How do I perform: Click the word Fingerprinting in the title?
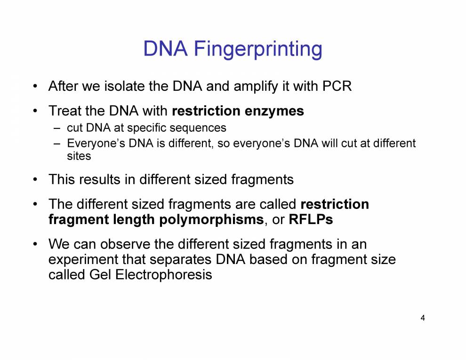coord(258,49)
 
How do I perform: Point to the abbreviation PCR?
coord(337,86)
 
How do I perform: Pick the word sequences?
coord(197,128)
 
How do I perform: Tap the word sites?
coord(79,156)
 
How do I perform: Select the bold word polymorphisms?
coord(211,220)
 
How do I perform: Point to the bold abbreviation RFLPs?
coord(311,219)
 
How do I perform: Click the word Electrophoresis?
coord(164,275)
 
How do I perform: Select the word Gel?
coord(100,274)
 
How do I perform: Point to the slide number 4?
coord(423,318)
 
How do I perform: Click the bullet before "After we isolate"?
coord(35,87)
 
